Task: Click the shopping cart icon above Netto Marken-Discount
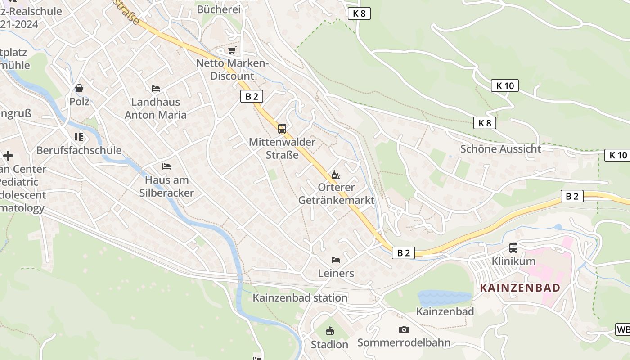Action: pos(232,50)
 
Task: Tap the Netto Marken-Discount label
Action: pos(232,70)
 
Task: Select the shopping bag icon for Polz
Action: pos(79,88)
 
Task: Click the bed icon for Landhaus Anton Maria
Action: pos(156,89)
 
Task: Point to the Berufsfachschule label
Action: pos(79,150)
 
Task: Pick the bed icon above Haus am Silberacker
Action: pos(166,166)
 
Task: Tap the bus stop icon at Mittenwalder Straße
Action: pos(282,129)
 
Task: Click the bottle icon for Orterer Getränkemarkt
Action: pos(336,175)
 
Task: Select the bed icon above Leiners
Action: pos(336,260)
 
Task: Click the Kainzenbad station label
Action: pos(300,298)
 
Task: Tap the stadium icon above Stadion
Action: pos(330,331)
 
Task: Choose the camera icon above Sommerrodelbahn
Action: pos(404,329)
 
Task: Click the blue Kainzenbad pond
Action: pos(444,298)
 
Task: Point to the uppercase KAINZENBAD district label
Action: pos(520,288)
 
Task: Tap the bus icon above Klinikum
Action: pos(513,247)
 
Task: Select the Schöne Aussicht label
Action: pos(500,149)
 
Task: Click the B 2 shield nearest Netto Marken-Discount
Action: pos(252,96)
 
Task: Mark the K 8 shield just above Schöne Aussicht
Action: pos(485,123)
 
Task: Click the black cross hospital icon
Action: pos(8,156)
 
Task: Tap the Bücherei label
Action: pos(219,9)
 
